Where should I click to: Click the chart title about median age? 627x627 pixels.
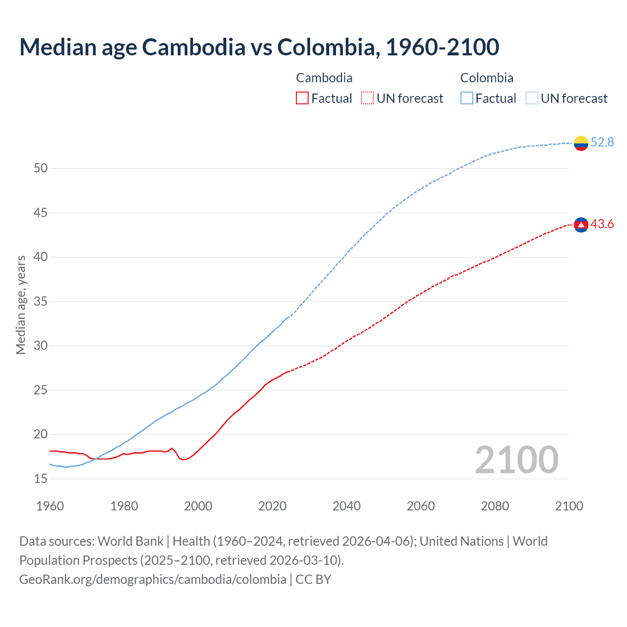point(259,47)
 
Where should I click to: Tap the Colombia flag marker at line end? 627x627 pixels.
point(581,143)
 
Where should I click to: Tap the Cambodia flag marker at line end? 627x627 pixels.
point(581,225)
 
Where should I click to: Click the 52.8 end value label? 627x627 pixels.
point(602,143)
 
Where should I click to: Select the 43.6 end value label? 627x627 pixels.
point(602,224)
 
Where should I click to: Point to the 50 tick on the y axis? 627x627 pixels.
point(41,169)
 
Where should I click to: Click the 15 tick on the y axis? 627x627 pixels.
point(41,479)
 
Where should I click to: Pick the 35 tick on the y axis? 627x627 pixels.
point(41,301)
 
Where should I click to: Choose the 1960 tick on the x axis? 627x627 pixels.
point(50,506)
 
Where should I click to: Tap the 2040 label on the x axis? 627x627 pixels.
point(346,506)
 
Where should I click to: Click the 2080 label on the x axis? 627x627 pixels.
point(495,506)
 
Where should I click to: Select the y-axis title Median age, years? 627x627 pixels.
point(21,305)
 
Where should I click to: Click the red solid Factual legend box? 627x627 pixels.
point(302,98)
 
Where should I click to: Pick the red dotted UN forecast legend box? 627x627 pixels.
point(367,98)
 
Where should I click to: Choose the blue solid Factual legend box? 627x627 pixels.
point(467,98)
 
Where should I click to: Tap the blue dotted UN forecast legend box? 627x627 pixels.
point(532,98)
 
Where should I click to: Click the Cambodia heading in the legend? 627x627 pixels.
point(324,78)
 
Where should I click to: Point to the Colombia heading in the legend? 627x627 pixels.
point(487,78)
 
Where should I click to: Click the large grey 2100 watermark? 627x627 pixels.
point(516,460)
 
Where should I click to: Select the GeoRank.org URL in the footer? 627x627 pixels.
point(153,579)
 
